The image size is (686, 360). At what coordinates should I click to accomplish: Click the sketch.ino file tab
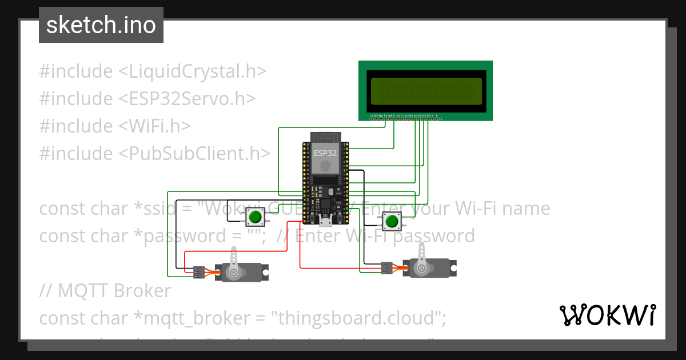point(101,25)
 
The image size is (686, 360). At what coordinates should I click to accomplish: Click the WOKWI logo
point(607,315)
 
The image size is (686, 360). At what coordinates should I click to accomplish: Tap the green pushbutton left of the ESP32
point(254,217)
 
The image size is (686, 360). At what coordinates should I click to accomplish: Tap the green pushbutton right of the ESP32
point(392,221)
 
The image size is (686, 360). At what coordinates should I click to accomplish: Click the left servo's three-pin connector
point(198,272)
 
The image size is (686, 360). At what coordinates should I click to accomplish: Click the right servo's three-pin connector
point(387,267)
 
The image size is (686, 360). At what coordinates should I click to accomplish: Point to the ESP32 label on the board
point(325,153)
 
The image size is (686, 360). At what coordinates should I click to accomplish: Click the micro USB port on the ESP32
point(325,222)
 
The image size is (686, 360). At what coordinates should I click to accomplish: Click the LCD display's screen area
point(425,91)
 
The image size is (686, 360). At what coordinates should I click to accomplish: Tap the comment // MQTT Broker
point(105,291)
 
